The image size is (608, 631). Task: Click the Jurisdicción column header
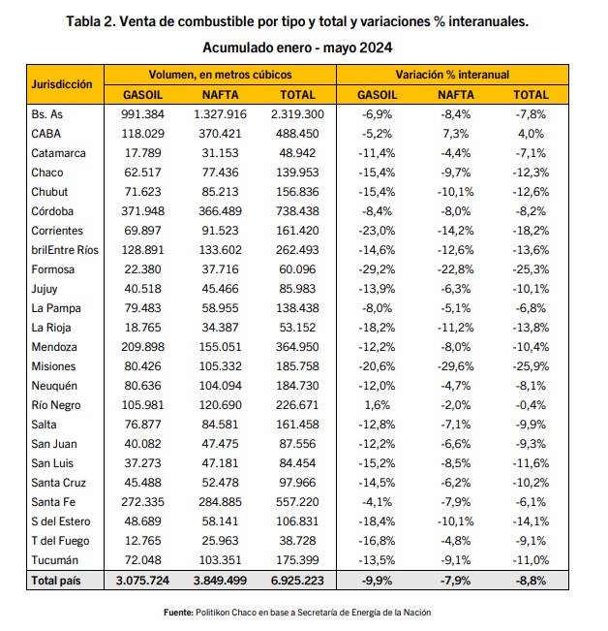click(62, 84)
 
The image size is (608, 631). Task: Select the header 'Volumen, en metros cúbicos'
click(220, 75)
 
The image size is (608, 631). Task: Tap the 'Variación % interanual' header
click(452, 75)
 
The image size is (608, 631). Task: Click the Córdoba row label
click(52, 211)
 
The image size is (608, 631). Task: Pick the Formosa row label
click(52, 269)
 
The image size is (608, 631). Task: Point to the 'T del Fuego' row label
click(60, 541)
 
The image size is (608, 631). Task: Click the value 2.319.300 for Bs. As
click(297, 114)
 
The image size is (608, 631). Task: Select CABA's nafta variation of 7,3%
click(456, 134)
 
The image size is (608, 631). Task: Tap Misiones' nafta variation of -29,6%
click(456, 366)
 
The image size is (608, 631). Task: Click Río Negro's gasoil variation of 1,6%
click(377, 405)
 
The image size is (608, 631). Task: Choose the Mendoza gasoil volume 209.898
click(143, 347)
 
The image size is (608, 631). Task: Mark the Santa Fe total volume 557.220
click(297, 502)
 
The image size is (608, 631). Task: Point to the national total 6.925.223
click(297, 581)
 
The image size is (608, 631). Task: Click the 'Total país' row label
click(56, 581)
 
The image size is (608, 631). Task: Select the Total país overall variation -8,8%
click(531, 581)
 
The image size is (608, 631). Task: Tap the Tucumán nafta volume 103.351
click(220, 560)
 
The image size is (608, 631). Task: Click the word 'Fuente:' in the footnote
click(178, 613)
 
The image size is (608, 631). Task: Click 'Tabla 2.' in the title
click(91, 21)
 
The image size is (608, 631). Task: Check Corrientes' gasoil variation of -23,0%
click(377, 231)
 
